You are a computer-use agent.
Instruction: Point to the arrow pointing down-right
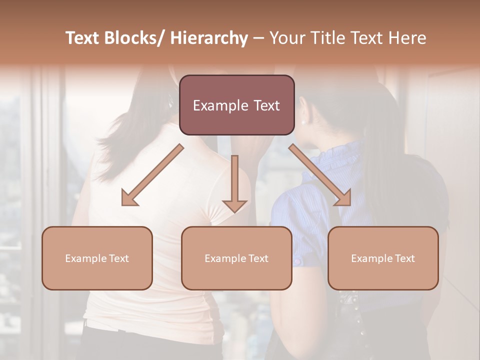click(320, 175)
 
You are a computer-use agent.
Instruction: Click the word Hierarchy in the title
click(209, 38)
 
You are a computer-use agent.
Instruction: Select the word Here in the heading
click(407, 38)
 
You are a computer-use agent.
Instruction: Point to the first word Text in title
click(83, 38)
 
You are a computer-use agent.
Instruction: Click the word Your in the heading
click(286, 38)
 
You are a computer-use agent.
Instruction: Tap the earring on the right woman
click(304, 121)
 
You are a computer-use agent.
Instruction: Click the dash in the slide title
click(258, 39)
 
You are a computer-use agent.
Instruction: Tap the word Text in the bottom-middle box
click(256, 258)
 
